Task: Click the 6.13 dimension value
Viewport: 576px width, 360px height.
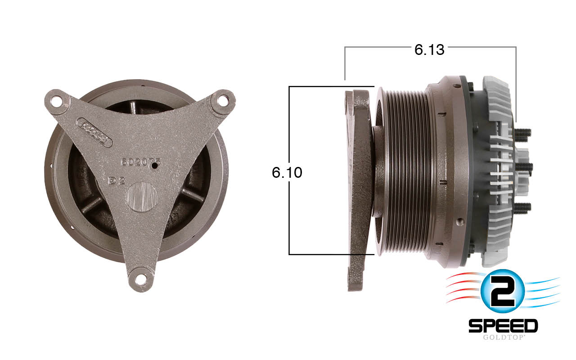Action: click(x=429, y=49)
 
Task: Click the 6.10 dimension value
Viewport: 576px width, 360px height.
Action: click(x=287, y=172)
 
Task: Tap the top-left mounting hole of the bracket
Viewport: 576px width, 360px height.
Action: click(x=56, y=101)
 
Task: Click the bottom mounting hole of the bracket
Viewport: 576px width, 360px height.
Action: click(x=141, y=279)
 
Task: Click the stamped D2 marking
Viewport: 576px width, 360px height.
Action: click(x=117, y=181)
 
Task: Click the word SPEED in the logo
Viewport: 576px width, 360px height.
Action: click(x=503, y=325)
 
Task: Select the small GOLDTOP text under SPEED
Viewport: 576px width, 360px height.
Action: click(x=503, y=337)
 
